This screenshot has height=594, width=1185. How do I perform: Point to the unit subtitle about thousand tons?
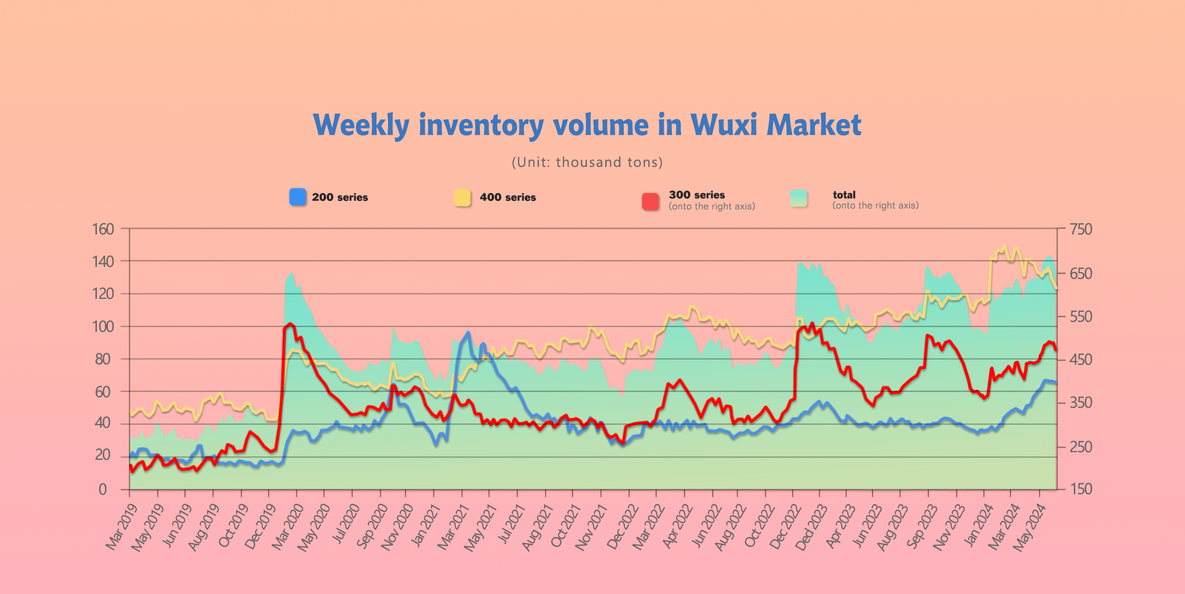587,162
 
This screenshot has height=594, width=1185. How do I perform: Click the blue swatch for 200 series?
298,197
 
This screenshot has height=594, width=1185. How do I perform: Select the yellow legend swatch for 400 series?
462,197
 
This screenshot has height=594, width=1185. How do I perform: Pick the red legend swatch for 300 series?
650,201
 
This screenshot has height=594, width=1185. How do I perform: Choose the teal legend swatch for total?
799,198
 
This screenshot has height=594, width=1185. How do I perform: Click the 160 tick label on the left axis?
103,229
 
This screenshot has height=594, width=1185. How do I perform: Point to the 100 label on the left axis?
103,327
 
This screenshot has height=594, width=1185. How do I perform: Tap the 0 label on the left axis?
103,489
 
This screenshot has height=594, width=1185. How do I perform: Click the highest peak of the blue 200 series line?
468,332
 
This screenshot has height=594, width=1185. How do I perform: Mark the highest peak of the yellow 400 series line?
1005,245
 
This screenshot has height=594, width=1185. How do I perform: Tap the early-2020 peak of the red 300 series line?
290,324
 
